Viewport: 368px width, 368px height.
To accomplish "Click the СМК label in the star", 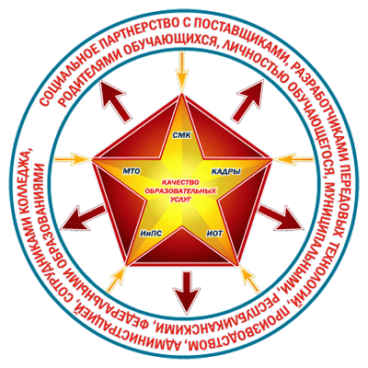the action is click(x=182, y=135).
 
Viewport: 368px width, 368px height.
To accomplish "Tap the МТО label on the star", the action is click(x=132, y=172).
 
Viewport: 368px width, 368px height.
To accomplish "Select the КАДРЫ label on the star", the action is click(x=226, y=172).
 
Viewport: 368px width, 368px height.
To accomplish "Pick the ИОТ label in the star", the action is click(x=214, y=234).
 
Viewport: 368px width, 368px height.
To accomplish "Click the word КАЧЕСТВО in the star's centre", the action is click(x=180, y=182).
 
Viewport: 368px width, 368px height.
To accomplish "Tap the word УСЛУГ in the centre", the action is click(x=180, y=199).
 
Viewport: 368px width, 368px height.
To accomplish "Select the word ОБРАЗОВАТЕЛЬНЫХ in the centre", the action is click(x=180, y=190).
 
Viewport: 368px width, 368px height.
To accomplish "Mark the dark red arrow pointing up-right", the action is click(x=247, y=100).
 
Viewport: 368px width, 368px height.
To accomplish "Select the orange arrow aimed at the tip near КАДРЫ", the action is click(x=293, y=159).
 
